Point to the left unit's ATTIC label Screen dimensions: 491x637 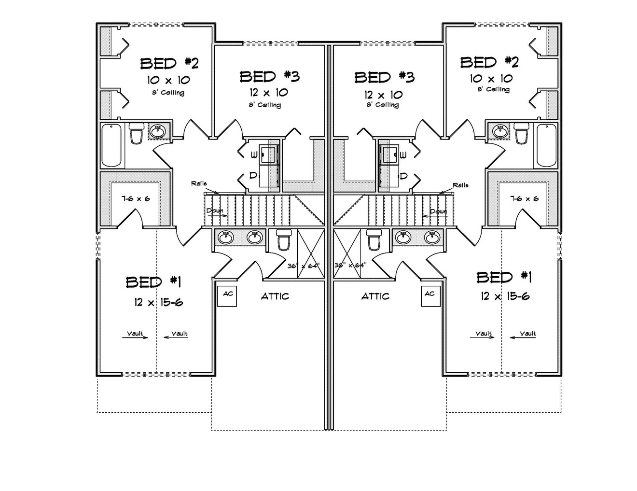[x=275, y=296]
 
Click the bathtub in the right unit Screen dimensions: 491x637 [x=545, y=145]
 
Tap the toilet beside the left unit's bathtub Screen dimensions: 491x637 [x=137, y=134]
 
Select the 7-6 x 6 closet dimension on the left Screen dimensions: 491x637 [x=135, y=199]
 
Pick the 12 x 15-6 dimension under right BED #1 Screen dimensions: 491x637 [x=505, y=296]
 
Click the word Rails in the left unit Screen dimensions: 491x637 [x=199, y=184]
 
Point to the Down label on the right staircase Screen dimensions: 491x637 [x=438, y=211]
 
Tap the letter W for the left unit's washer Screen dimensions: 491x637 [x=253, y=155]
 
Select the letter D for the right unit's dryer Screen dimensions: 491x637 [x=404, y=176]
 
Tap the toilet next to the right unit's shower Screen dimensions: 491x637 [x=374, y=240]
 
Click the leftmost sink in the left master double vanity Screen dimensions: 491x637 [x=225, y=237]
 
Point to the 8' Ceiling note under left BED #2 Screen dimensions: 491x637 [x=168, y=93]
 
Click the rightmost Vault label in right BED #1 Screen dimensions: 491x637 [x=527, y=334]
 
